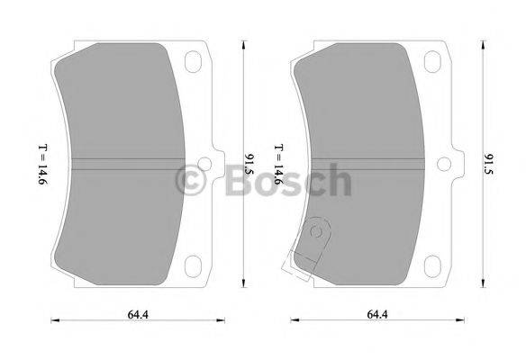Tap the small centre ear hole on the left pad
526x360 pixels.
tap(205, 164)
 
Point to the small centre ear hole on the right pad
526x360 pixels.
tap(445, 164)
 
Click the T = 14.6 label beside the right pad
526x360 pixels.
tap(280, 165)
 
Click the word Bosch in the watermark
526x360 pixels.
tap(287, 179)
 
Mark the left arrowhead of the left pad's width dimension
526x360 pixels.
tap(52, 319)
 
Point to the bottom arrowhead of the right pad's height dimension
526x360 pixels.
tap(482, 285)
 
